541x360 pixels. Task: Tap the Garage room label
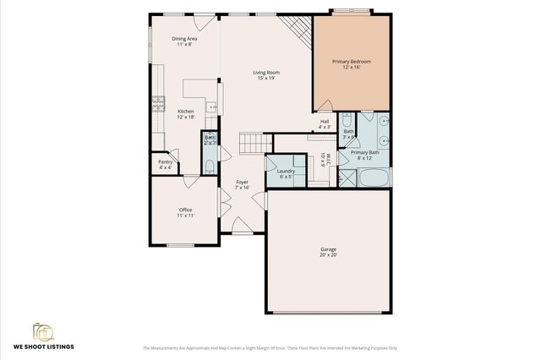tap(328, 249)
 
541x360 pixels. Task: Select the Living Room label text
tap(266, 73)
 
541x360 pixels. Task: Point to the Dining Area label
tap(184, 39)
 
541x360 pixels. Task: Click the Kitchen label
tap(185, 112)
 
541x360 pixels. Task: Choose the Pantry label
tap(165, 162)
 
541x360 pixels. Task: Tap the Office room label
tap(185, 210)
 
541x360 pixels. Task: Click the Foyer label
tap(242, 182)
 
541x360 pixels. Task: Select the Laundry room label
tap(286, 172)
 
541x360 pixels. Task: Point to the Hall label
tap(325, 122)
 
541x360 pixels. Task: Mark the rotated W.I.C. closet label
tap(325, 160)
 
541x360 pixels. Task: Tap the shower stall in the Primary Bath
tap(347, 178)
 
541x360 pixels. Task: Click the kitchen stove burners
tap(157, 105)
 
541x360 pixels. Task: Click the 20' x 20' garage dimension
tap(328, 254)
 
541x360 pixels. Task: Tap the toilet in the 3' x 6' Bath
tap(347, 119)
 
